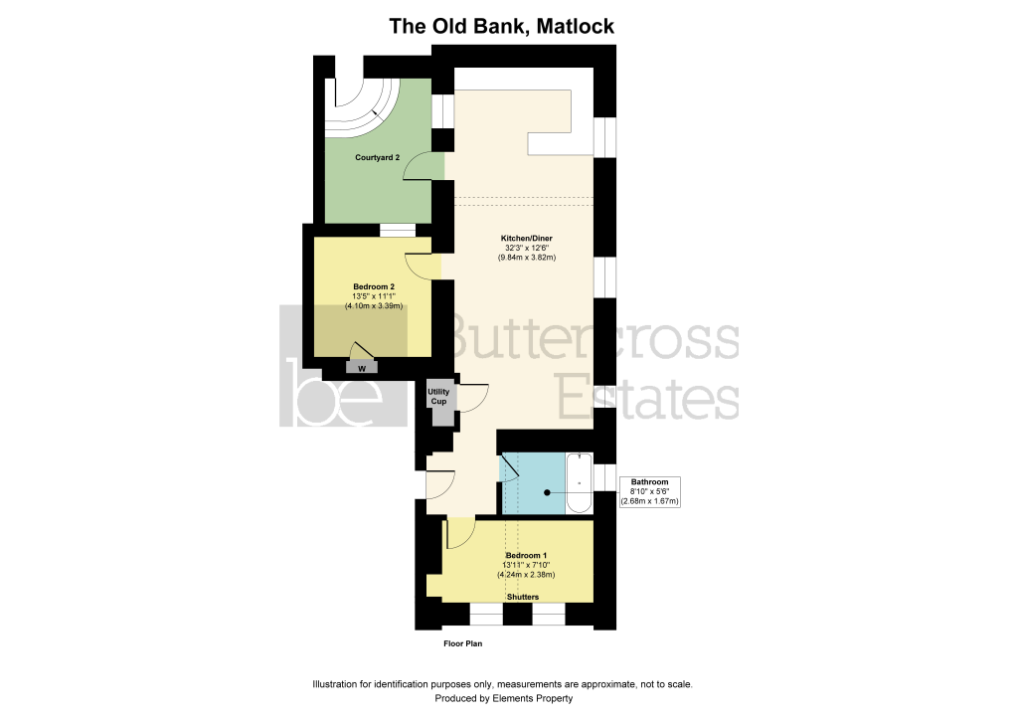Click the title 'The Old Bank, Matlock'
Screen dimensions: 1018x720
501,27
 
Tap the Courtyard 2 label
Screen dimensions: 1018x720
377,158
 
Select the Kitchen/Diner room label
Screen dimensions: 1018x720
527,239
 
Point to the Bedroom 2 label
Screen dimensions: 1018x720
374,287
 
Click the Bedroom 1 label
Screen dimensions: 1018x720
527,556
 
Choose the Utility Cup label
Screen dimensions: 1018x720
438,397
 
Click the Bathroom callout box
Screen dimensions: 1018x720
650,492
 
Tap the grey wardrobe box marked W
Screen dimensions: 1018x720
362,368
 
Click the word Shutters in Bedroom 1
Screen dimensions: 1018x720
523,597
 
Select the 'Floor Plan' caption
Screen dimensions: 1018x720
463,644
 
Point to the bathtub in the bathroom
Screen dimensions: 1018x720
580,483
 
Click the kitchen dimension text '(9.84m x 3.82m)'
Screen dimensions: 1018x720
527,258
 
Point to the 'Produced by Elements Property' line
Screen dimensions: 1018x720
504,699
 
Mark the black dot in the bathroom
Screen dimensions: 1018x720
548,493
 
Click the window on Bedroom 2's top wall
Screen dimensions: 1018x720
398,230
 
